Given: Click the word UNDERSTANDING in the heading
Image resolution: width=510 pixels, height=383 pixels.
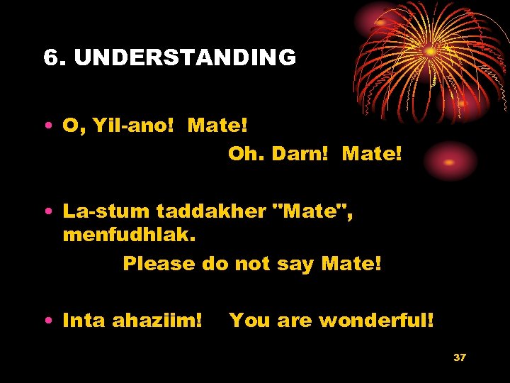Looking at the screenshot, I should point(185,58).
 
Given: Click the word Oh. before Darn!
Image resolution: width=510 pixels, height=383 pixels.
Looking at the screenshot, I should point(246,153).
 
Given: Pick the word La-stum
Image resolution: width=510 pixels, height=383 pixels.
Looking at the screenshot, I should point(106,211).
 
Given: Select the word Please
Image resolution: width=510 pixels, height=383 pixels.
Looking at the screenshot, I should point(159,264).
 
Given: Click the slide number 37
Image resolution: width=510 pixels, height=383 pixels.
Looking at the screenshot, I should point(460,357).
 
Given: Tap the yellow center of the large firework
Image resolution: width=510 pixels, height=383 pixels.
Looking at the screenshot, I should point(430,52).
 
